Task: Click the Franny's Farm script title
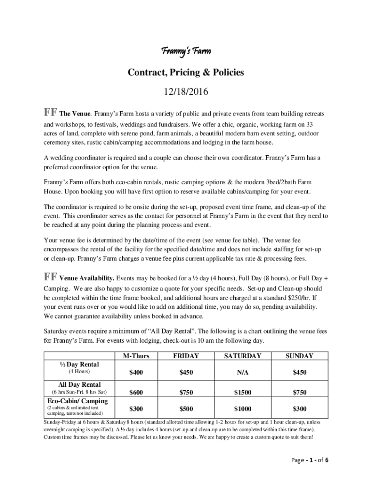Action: point(186,51)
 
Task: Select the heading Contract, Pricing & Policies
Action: point(186,73)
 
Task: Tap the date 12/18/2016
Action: point(186,92)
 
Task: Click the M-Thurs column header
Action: point(136,356)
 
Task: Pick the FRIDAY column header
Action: point(186,356)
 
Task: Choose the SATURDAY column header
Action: point(243,356)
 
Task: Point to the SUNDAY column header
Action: point(299,356)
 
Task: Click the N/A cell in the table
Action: point(243,373)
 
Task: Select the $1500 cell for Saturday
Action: point(243,393)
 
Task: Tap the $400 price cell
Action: point(136,373)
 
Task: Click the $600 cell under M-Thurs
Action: point(136,393)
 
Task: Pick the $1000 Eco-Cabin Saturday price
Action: point(243,409)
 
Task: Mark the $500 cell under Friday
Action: point(186,409)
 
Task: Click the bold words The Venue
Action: point(75,114)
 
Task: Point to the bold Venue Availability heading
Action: point(86,278)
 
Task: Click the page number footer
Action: point(310,460)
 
